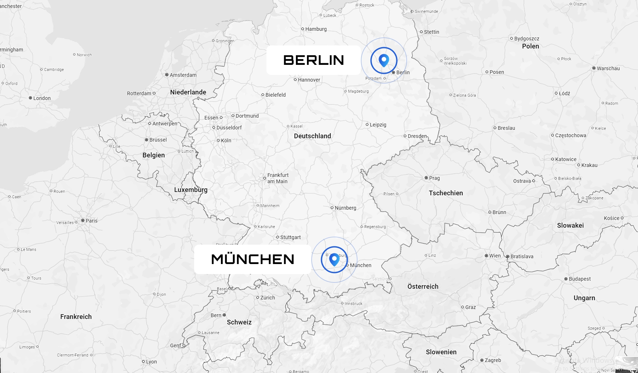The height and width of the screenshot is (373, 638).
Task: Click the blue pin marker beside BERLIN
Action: (384, 60)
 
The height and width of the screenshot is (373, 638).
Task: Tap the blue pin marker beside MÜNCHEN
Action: (334, 259)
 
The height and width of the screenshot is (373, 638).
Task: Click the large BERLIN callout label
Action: (313, 60)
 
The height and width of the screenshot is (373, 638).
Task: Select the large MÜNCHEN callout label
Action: (252, 259)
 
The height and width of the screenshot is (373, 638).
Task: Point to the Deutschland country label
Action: (312, 136)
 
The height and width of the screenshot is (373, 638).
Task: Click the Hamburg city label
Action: (316, 29)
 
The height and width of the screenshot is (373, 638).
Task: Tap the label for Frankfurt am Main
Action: (277, 178)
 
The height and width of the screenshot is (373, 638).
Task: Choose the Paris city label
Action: (91, 221)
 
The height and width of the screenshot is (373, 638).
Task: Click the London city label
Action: (42, 98)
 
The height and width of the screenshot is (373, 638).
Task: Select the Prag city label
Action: (434, 178)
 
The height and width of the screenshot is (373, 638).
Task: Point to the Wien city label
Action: (495, 256)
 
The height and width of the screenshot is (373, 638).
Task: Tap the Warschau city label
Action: (608, 69)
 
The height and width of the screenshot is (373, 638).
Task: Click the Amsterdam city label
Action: (183, 75)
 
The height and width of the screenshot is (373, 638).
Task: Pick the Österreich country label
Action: (423, 286)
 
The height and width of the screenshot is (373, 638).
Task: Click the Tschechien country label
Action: (446, 193)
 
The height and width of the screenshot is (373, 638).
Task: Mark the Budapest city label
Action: (579, 279)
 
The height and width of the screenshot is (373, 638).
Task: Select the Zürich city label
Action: (267, 297)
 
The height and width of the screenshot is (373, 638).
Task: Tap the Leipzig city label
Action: (378, 125)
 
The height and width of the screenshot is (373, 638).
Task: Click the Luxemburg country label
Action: (190, 190)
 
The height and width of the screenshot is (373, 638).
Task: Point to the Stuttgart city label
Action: (290, 237)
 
